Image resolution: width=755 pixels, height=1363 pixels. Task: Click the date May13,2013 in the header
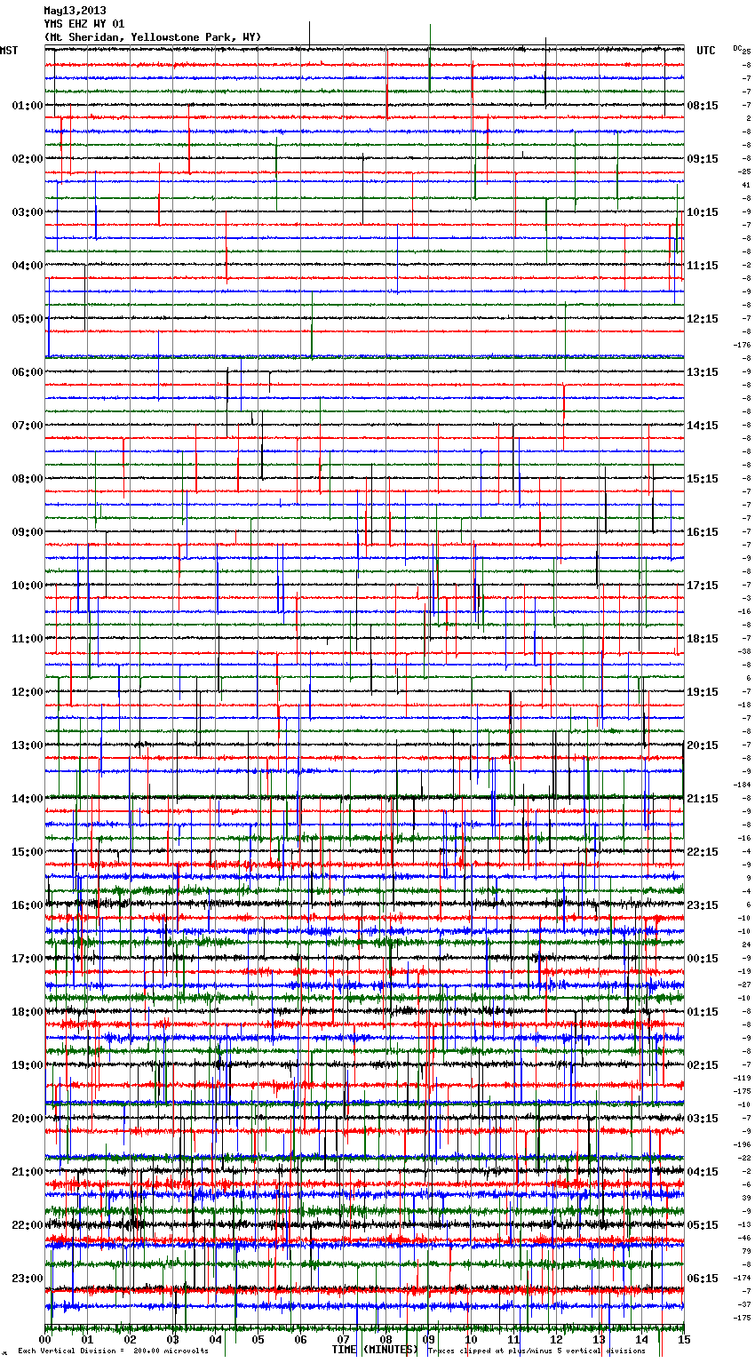pos(75,11)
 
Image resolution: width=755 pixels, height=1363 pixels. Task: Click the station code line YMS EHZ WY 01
pos(84,24)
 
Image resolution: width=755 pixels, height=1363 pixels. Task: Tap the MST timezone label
pos(9,51)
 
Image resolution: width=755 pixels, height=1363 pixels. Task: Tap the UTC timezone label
pos(705,51)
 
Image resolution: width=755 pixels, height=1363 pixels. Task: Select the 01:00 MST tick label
pos(27,106)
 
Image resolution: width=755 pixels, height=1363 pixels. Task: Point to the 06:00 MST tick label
pos(27,372)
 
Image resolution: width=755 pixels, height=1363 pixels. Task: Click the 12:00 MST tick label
pos(27,692)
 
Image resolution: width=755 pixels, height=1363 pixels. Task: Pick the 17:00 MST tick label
pos(27,959)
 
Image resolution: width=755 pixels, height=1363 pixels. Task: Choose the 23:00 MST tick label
pos(27,1279)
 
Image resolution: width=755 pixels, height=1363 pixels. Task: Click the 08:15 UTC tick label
pos(703,106)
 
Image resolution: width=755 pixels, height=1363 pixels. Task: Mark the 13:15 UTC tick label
pos(703,372)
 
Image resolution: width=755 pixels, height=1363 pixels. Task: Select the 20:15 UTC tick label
pos(703,745)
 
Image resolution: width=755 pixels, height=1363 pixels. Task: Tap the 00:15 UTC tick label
pos(703,959)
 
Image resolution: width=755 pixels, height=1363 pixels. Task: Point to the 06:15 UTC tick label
pos(703,1279)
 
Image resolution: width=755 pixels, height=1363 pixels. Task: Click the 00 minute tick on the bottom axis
pos(45,1339)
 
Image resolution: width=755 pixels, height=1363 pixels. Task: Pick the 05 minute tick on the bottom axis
pos(258,1339)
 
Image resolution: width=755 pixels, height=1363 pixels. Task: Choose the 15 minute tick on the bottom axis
pos(683,1339)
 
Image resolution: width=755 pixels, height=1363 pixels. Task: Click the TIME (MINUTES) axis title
pos(375,1350)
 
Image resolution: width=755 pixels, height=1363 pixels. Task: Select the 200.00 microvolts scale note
pos(171,1351)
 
